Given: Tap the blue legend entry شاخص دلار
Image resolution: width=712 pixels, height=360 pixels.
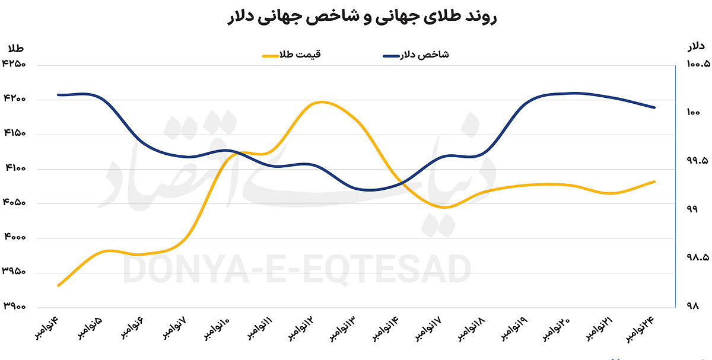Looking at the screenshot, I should (416, 55).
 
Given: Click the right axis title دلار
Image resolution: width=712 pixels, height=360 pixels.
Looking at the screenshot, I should (695, 46).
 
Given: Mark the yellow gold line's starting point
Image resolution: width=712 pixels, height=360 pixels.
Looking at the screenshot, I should (58, 285).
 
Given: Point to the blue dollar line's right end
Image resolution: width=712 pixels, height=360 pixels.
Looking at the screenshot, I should (654, 107).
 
